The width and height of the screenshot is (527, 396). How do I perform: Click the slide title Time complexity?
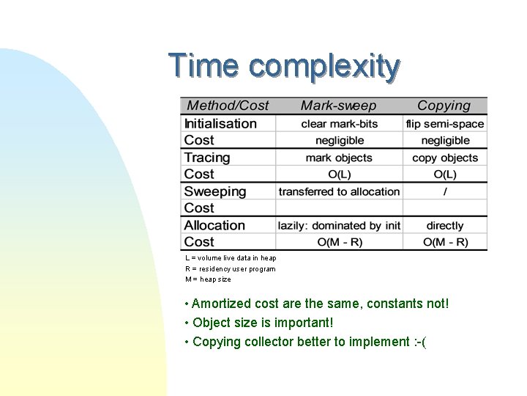pos(284,66)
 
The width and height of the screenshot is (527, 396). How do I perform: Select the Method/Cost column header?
pos(228,106)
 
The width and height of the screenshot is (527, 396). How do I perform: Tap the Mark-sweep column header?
pos(338,106)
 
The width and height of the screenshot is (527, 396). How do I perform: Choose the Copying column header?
pos(444,106)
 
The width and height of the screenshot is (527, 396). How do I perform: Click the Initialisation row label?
pos(220,124)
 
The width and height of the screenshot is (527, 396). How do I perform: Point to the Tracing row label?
pos(207,158)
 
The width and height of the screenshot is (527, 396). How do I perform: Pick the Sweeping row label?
pos(215,191)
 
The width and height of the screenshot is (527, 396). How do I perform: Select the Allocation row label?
pos(214,225)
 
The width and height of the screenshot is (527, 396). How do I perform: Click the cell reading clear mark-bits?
pos(339,124)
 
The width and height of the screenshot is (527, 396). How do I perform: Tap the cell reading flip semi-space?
pos(445,124)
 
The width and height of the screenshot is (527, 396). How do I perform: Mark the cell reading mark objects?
pos(339,158)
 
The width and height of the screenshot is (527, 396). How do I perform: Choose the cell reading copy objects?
pos(445,158)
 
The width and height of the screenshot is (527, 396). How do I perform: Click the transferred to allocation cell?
pos(339,191)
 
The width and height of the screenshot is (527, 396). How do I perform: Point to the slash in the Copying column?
pos(445,191)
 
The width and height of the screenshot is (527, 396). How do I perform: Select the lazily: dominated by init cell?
pos(339,226)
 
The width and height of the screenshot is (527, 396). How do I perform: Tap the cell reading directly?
pos(445,226)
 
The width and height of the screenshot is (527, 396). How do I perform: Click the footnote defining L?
pos(231,258)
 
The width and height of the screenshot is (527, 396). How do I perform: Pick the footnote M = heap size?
pos(208,279)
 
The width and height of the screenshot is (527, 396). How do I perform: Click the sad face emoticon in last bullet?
pos(418,342)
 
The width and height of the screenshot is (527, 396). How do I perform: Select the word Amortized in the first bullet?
pos(219,304)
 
